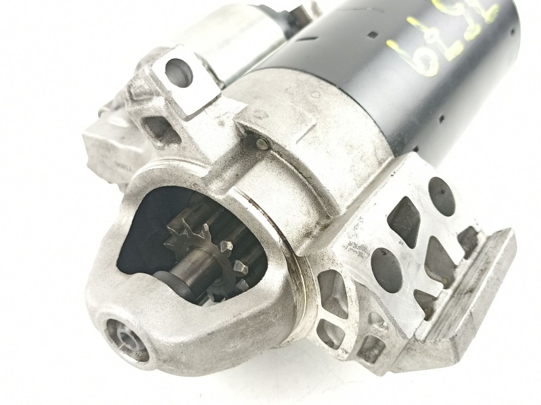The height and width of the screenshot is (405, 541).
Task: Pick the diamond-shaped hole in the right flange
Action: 404,222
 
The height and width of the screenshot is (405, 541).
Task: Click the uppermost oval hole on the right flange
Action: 441,196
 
